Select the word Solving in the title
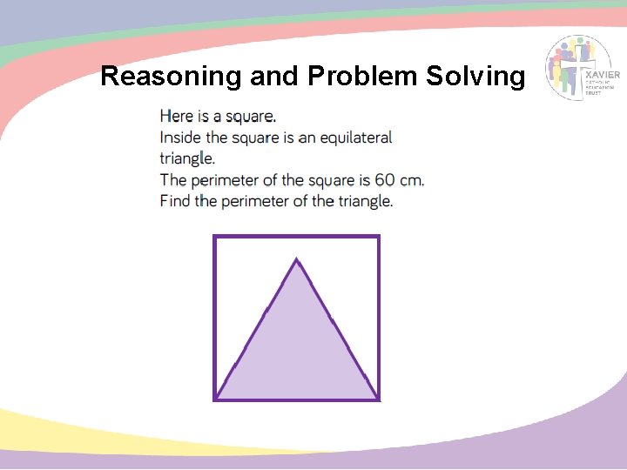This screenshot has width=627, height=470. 475,77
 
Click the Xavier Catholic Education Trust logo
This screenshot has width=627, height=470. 583,68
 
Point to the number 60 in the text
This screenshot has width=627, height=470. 386,180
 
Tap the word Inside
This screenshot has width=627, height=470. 181,138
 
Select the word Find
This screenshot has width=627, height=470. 175,201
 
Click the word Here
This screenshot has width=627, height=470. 177,116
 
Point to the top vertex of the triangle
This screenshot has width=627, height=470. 297,258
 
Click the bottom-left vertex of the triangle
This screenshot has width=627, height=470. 217,398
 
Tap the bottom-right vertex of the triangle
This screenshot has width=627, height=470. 377,398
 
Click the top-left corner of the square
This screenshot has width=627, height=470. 215,237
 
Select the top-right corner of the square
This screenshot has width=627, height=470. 379,237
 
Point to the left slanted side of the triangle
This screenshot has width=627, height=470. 257,328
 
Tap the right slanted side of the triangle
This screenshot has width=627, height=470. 337,328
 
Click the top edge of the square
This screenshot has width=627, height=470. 297,237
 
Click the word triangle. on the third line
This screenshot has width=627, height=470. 187,159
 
